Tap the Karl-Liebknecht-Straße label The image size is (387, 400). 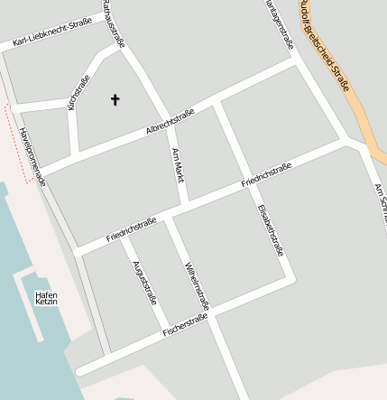coord(53,33)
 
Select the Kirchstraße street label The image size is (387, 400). coord(78,93)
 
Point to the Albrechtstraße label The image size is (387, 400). coord(170,122)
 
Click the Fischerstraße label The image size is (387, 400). coord(185,326)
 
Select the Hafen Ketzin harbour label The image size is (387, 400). coord(46,298)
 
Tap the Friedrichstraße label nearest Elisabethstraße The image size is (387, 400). coord(266,175)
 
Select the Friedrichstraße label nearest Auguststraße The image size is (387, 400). coord(131,228)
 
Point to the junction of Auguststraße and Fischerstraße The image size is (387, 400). coord(164,334)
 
